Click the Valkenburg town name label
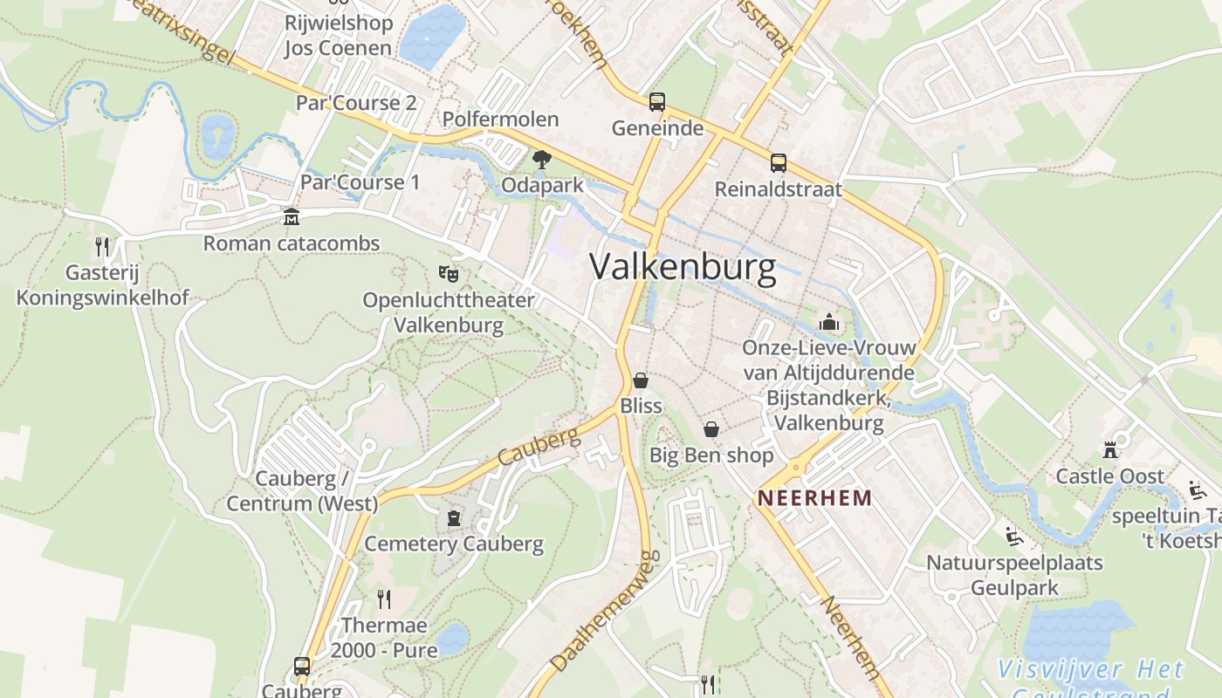[683, 267]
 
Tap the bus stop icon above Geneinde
[657, 102]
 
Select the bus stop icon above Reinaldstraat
[778, 163]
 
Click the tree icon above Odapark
[541, 160]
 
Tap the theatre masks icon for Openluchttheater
[449, 274]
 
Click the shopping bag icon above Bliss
[641, 380]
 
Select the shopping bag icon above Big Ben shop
[711, 429]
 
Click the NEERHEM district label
[814, 498]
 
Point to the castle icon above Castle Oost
[1110, 450]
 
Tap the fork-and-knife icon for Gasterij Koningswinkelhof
[102, 247]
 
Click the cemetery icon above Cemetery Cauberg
[453, 518]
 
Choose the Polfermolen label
[500, 120]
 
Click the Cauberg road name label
[539, 447]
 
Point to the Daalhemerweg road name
[603, 612]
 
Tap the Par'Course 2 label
[356, 103]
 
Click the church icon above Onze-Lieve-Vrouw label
[828, 323]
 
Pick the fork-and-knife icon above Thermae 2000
[383, 599]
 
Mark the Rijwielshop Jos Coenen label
[338, 35]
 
